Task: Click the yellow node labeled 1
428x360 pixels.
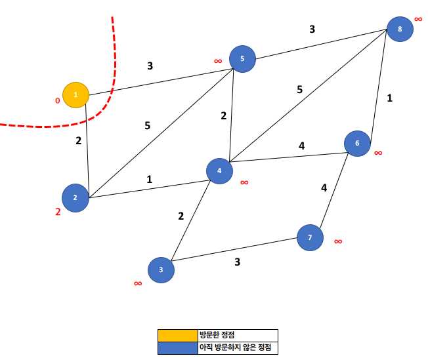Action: coord(75,95)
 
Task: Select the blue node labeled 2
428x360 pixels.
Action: coord(75,197)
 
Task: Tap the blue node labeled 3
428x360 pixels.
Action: coord(161,270)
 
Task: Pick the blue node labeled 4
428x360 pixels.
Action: coord(219,170)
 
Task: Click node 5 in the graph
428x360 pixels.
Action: coord(242,59)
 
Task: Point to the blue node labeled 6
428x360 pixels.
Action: coord(357,144)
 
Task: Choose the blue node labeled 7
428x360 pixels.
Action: coord(310,237)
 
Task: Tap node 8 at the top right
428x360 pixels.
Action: coord(399,29)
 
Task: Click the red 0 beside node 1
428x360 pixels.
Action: coord(57,101)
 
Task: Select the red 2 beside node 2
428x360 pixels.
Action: coord(58,212)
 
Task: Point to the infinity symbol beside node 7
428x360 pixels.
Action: coord(338,241)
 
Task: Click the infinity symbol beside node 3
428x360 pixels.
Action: coord(138,283)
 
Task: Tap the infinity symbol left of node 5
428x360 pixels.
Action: coord(218,61)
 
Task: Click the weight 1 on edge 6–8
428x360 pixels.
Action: coord(389,98)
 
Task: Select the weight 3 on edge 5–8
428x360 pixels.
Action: coord(312,29)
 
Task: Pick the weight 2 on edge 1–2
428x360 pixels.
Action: coord(79,140)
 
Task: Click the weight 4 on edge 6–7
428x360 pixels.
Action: coord(324,188)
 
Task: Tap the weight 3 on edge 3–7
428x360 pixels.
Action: coord(237,262)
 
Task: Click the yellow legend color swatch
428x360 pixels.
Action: coord(177,335)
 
